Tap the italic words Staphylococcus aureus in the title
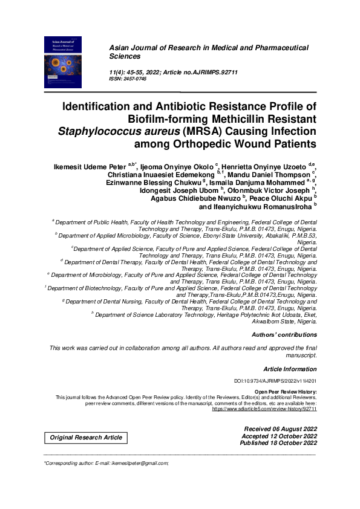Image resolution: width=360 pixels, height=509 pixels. tap(113, 131)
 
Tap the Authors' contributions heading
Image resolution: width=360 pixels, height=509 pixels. tap(284, 334)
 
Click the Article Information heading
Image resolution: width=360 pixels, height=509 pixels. tap(290, 369)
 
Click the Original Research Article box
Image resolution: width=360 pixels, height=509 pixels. tap(86, 437)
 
